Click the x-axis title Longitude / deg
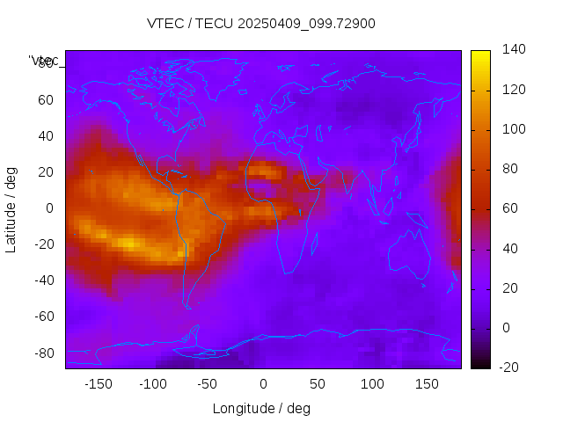(261, 408)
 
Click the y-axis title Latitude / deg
(11, 208)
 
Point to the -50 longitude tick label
(208, 384)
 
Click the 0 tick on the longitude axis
(263, 384)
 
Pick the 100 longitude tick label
(372, 384)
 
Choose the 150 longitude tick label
(427, 384)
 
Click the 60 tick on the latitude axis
(45, 99)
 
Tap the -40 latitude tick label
(42, 280)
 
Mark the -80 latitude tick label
(42, 353)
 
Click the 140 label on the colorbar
(514, 49)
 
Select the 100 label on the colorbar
(514, 129)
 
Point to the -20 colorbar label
(512, 367)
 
